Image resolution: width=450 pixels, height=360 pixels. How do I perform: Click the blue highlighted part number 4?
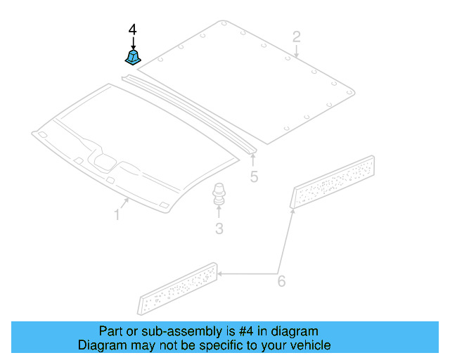[132, 56]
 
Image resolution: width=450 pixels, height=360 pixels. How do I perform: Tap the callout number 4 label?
[133, 30]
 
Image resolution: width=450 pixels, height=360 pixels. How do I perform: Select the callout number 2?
[297, 37]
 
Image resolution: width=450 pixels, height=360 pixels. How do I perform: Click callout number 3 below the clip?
[219, 228]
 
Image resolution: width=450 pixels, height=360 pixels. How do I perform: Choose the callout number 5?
[254, 177]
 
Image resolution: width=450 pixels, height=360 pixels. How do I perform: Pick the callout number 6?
[281, 281]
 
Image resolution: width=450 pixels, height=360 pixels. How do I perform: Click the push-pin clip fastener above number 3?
[219, 195]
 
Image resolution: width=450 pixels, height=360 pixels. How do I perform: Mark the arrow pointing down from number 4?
[133, 42]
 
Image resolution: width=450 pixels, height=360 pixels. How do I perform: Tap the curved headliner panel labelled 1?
[134, 148]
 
